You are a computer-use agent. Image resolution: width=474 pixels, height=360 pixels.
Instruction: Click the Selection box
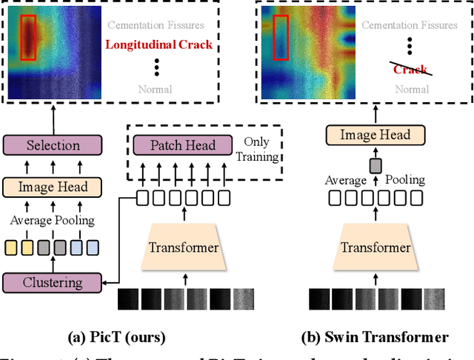pos(52,146)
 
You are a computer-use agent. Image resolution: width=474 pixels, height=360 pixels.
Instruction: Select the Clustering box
pos(52,281)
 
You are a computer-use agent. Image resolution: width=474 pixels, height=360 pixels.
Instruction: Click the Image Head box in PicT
pos(52,187)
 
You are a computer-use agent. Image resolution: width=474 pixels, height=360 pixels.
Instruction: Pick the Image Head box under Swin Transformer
pos(375,135)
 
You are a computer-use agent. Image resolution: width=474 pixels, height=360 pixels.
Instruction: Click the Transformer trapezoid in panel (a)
pos(184,247)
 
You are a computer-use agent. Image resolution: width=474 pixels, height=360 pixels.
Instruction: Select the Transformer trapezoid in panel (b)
pos(375,247)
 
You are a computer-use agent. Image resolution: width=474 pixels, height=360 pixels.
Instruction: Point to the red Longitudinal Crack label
pos(158,44)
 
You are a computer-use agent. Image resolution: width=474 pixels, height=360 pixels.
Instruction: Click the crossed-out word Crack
pos(410,69)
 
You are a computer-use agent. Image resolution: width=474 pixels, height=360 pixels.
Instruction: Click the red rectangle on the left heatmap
pos(28,37)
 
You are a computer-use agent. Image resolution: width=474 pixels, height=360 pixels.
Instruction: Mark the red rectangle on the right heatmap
pos(281,37)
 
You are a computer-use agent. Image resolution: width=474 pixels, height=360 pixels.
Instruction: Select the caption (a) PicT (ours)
pos(117,338)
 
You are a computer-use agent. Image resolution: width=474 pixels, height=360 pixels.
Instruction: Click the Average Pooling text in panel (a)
pos(52,221)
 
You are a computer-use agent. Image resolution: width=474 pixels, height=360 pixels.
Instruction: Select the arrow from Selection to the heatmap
pos(52,119)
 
